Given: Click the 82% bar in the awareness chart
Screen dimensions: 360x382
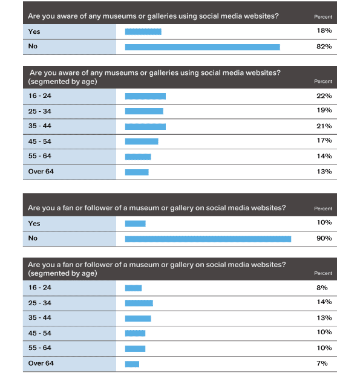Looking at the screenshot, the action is pos(203,47).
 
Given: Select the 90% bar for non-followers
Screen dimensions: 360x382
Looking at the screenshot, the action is pos(208,239).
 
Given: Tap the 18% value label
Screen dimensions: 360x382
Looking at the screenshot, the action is pos(324,31).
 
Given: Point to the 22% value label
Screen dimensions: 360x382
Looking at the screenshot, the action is pos(324,96).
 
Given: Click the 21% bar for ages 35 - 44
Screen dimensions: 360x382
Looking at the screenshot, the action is pos(145,127).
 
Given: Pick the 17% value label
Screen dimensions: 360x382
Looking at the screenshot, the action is pos(324,141).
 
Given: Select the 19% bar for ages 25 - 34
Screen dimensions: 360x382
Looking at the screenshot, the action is pos(144,111).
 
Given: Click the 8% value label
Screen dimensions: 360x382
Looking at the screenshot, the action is pos(322,288).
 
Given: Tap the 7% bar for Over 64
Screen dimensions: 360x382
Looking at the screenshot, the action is pos(132,364).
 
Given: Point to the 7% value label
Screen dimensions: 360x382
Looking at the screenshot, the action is pos(322,363).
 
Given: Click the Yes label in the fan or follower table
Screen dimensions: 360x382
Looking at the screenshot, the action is pos(34,224).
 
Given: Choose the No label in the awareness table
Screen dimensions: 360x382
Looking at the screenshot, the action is pos(33,47).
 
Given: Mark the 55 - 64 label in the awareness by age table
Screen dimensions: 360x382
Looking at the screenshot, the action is pos(40,156).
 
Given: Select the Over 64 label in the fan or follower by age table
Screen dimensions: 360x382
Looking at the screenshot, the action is pos(41,363).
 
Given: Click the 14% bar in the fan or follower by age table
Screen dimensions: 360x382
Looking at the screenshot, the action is pos(139,303).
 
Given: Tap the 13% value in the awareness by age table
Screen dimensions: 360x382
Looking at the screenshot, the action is pos(324,172).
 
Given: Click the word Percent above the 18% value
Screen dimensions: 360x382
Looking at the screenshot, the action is pos(323,17).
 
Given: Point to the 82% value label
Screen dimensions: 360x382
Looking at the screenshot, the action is pos(324,47).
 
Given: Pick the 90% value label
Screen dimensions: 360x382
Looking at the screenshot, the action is pos(324,238).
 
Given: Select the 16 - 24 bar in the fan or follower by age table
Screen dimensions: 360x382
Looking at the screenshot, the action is pos(134,288).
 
